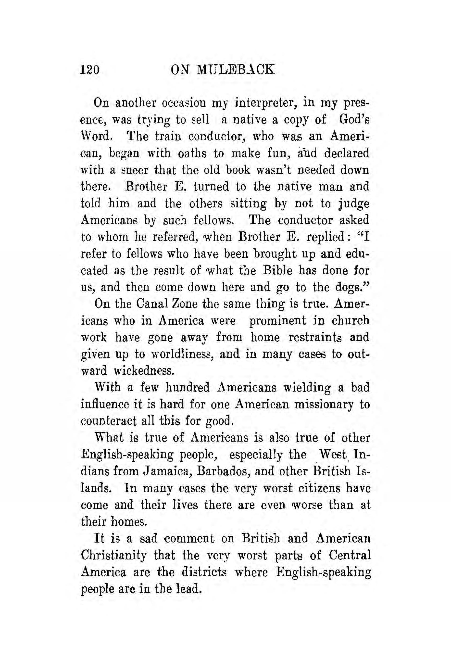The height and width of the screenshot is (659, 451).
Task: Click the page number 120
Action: [x=90, y=69]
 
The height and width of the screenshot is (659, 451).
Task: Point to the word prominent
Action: [x=277, y=321]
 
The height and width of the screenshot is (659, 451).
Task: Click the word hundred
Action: [x=187, y=388]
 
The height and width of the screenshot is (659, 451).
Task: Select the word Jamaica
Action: [x=164, y=471]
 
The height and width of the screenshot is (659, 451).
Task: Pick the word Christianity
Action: [x=114, y=556]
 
